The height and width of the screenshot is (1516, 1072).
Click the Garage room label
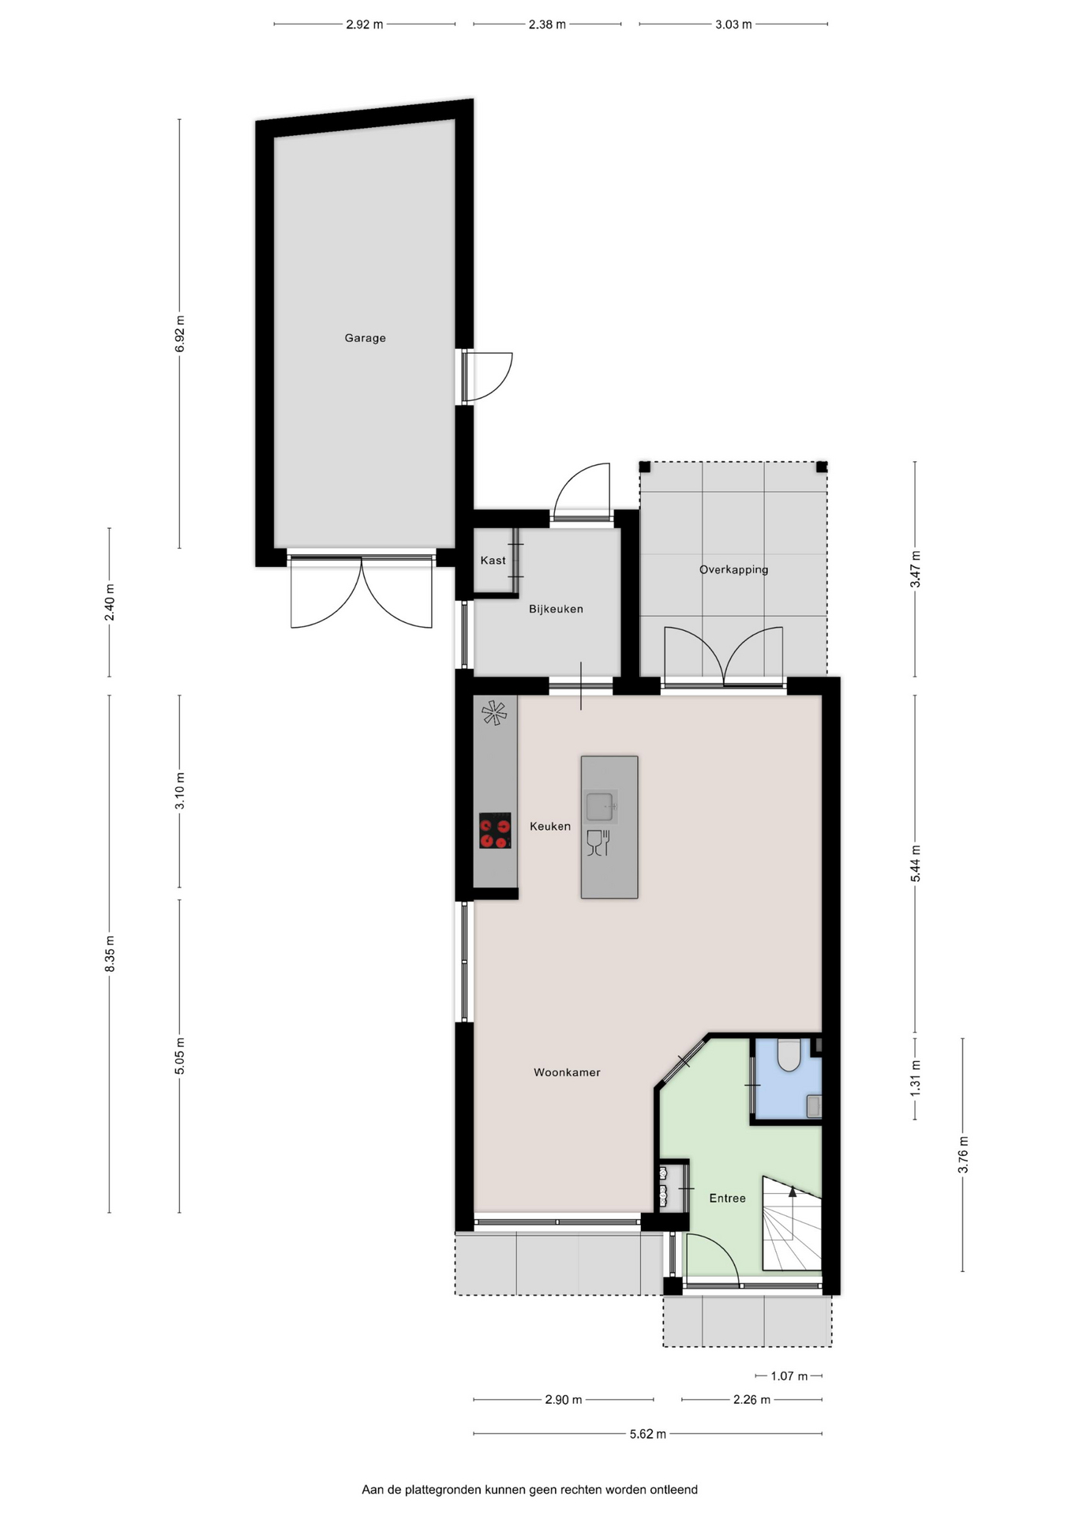pyautogui.click(x=365, y=338)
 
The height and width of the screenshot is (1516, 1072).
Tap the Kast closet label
pyautogui.click(x=493, y=561)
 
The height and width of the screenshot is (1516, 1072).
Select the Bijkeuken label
pyautogui.click(x=556, y=609)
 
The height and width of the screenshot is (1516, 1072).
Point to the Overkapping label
pyautogui.click(x=733, y=569)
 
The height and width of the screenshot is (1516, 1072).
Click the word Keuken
pyautogui.click(x=549, y=826)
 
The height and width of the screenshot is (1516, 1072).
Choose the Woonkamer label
pyautogui.click(x=567, y=1072)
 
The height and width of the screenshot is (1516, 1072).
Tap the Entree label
pyautogui.click(x=727, y=1198)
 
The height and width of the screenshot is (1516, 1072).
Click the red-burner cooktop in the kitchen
pyautogui.click(x=495, y=831)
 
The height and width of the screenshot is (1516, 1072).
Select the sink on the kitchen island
pyautogui.click(x=601, y=807)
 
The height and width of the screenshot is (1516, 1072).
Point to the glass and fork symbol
pyautogui.click(x=599, y=842)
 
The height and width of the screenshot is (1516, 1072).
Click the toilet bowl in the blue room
pyautogui.click(x=789, y=1055)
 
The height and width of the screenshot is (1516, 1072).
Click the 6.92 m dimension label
pyautogui.click(x=180, y=333)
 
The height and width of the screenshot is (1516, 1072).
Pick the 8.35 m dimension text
pyautogui.click(x=110, y=954)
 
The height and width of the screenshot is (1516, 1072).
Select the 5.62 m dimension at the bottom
pyautogui.click(x=647, y=1434)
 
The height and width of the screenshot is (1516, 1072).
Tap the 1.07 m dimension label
pyautogui.click(x=789, y=1375)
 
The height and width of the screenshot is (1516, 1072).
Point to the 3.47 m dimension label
pyautogui.click(x=916, y=569)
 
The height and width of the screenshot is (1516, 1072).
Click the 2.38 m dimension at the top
pyautogui.click(x=547, y=24)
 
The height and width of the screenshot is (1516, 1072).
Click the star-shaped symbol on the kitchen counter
pyautogui.click(x=494, y=713)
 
